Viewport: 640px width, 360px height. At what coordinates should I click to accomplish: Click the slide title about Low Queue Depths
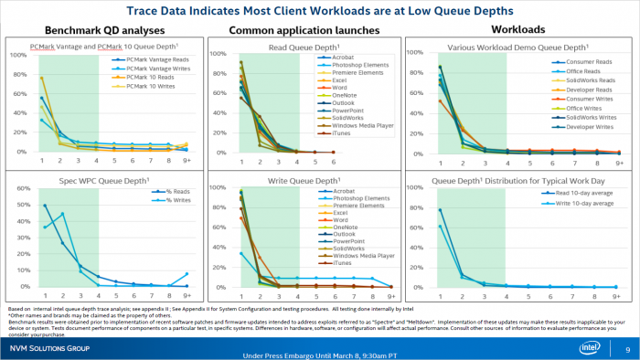coord(320,11)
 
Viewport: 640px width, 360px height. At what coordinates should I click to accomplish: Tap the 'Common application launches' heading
coord(299,29)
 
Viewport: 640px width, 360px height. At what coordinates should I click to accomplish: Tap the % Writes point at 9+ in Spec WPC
coord(187,274)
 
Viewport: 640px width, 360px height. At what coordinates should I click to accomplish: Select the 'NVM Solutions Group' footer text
coord(49,349)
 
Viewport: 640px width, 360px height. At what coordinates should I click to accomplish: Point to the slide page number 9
coord(627,349)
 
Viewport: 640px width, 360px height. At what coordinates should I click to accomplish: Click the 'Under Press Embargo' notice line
coord(320,355)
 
